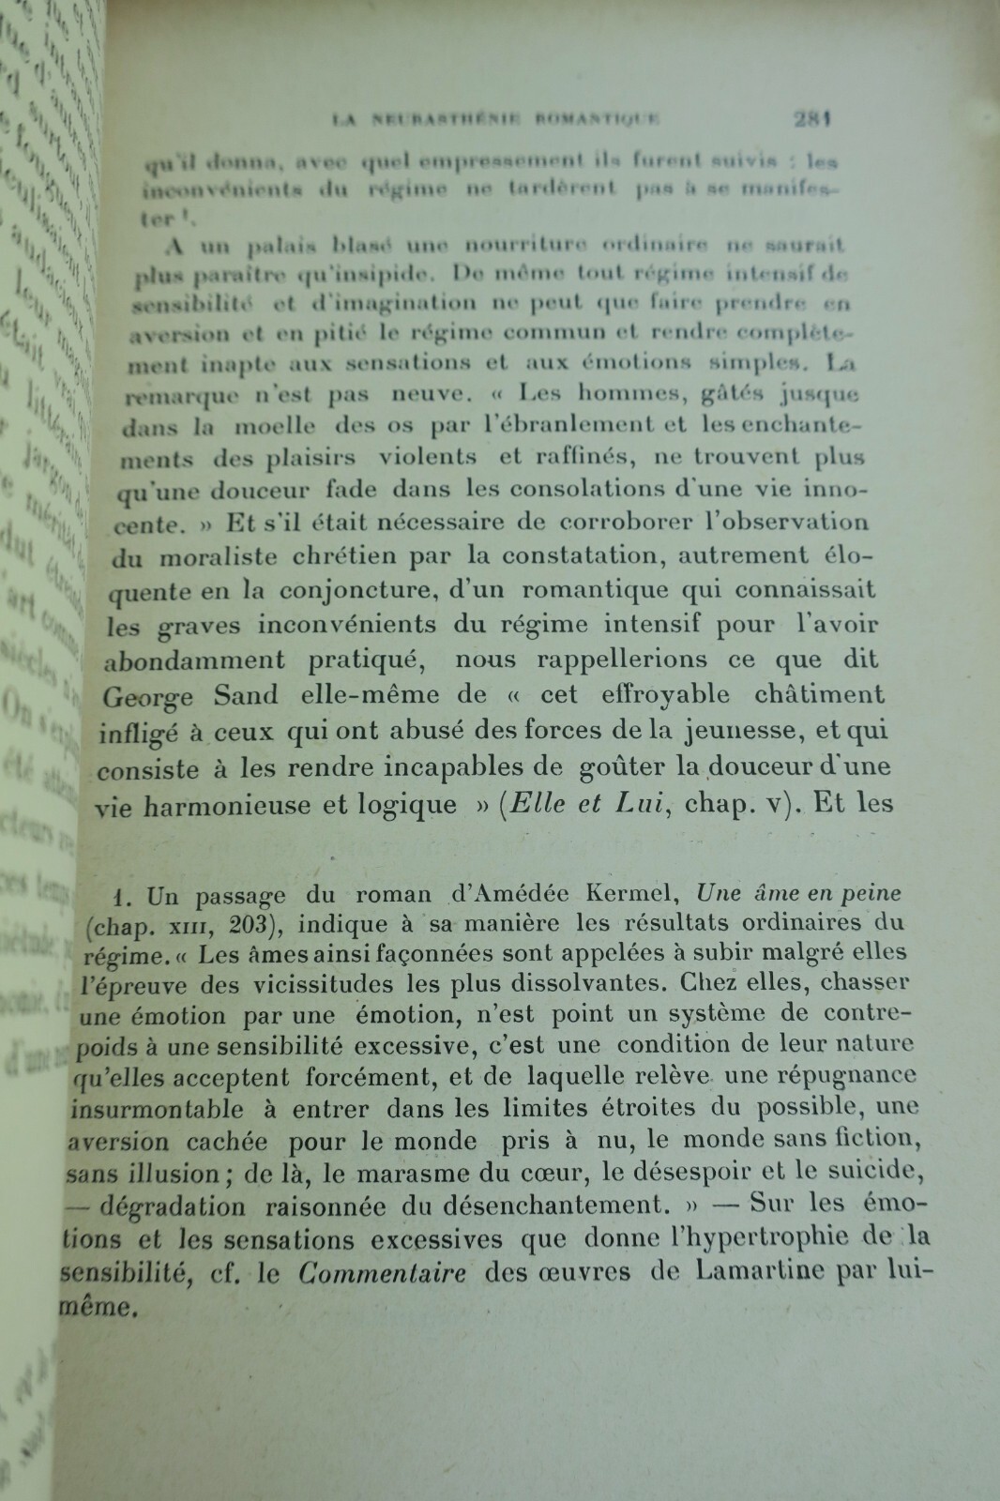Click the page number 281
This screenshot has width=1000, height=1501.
click(x=813, y=119)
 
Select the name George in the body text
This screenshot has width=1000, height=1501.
click(x=148, y=697)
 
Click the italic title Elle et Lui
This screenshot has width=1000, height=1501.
click(x=587, y=804)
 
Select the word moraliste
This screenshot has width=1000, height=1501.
click(x=218, y=557)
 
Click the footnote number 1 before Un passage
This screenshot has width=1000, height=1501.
click(x=130, y=896)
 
